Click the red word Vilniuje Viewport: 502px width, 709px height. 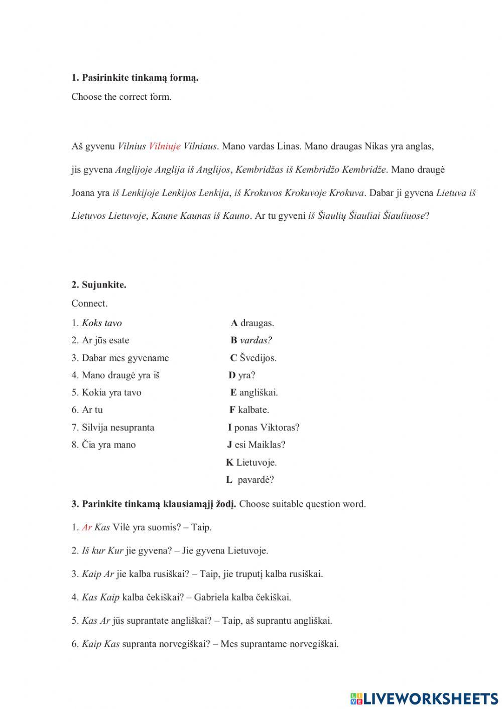pyautogui.click(x=165, y=147)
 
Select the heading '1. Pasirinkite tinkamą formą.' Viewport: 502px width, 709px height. pyautogui.click(x=135, y=78)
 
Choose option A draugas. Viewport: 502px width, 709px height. pyautogui.click(x=253, y=323)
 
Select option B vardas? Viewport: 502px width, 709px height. pyautogui.click(x=252, y=340)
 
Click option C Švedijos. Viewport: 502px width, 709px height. pyautogui.click(x=254, y=358)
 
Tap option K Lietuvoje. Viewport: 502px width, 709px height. pyautogui.click(x=252, y=462)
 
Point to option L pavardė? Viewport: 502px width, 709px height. pyautogui.click(x=250, y=480)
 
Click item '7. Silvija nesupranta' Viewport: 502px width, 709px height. pyautogui.click(x=113, y=428)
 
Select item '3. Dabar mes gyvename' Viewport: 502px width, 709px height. pyautogui.click(x=120, y=358)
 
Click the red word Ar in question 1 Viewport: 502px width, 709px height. pyautogui.click(x=87, y=527)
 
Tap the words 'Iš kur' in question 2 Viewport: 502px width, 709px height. pyautogui.click(x=93, y=550)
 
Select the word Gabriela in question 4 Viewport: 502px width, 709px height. pyautogui.click(x=211, y=597)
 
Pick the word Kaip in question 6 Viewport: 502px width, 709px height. pyautogui.click(x=91, y=644)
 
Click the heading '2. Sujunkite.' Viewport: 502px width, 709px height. pyautogui.click(x=99, y=285)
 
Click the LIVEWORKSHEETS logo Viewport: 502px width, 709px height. pyautogui.click(x=424, y=698)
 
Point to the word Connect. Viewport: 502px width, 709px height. pyautogui.click(x=89, y=303)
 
